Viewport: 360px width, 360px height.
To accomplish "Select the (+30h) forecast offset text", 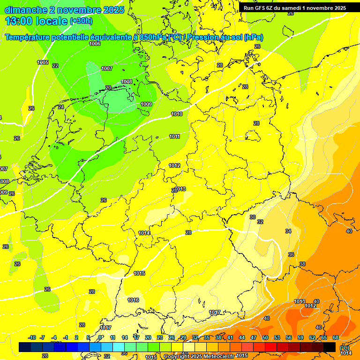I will tap(81, 21).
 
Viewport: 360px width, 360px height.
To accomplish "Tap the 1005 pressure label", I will tap(43, 62).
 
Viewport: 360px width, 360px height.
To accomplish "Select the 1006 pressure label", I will tap(95, 44).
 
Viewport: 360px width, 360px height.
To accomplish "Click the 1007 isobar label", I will tap(107, 68).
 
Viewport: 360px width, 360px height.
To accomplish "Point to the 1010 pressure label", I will tap(177, 114).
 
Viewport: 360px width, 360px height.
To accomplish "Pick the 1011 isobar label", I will tap(175, 136).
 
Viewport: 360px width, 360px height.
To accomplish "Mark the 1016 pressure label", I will tap(133, 300).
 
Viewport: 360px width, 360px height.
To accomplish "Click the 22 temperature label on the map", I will tap(55, 66).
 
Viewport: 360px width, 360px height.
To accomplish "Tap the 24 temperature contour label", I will tap(61, 107).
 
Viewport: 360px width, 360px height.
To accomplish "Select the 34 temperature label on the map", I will tap(288, 231).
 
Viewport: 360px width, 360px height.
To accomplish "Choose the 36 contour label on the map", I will tap(291, 255).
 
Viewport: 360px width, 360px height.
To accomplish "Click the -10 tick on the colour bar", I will tap(32, 337).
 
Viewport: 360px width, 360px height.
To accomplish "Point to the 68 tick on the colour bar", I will tap(336, 337).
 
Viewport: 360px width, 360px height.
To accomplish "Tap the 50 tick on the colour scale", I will tap(265, 337).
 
